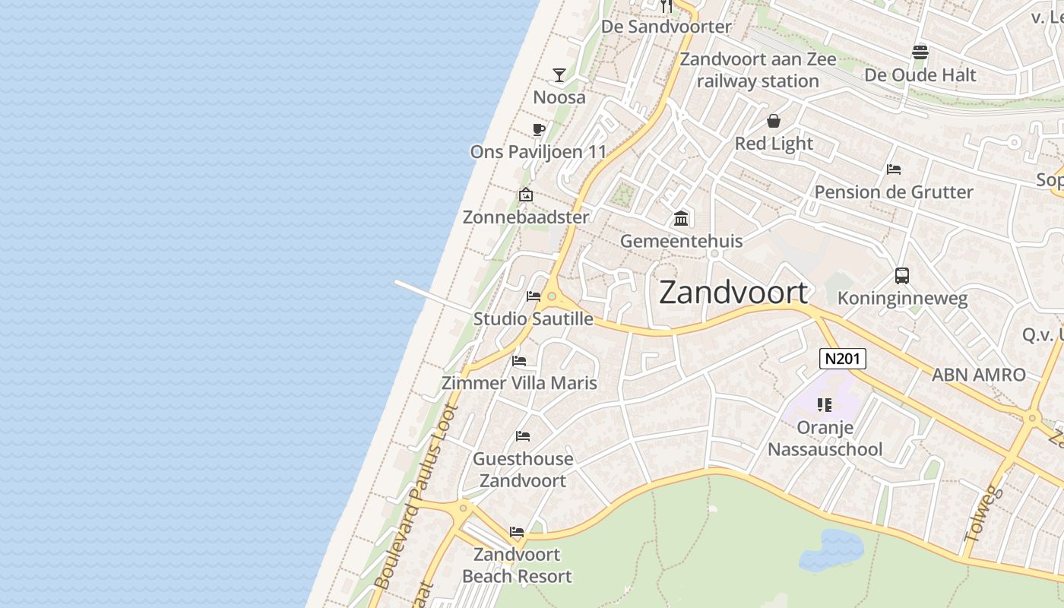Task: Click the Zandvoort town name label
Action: pyautogui.click(x=733, y=293)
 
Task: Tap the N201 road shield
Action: pyautogui.click(x=843, y=359)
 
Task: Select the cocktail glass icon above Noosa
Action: pyautogui.click(x=559, y=74)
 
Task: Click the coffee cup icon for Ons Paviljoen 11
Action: pyautogui.click(x=538, y=129)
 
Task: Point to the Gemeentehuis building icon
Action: pyautogui.click(x=681, y=219)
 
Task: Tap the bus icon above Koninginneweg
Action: pyautogui.click(x=902, y=276)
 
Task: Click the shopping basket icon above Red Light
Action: pyautogui.click(x=774, y=121)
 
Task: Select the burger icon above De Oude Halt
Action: pyautogui.click(x=920, y=52)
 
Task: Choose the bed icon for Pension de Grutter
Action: pyautogui.click(x=894, y=169)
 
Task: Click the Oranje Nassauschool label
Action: pyautogui.click(x=825, y=439)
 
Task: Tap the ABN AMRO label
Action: pyautogui.click(x=979, y=375)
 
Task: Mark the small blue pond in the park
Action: pyautogui.click(x=831, y=549)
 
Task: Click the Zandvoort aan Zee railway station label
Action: pyautogui.click(x=758, y=70)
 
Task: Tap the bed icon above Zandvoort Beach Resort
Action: pyautogui.click(x=517, y=532)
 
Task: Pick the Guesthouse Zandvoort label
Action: pyautogui.click(x=523, y=470)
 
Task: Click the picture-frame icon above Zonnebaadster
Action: pyautogui.click(x=526, y=195)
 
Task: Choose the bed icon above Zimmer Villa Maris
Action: pyautogui.click(x=519, y=360)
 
